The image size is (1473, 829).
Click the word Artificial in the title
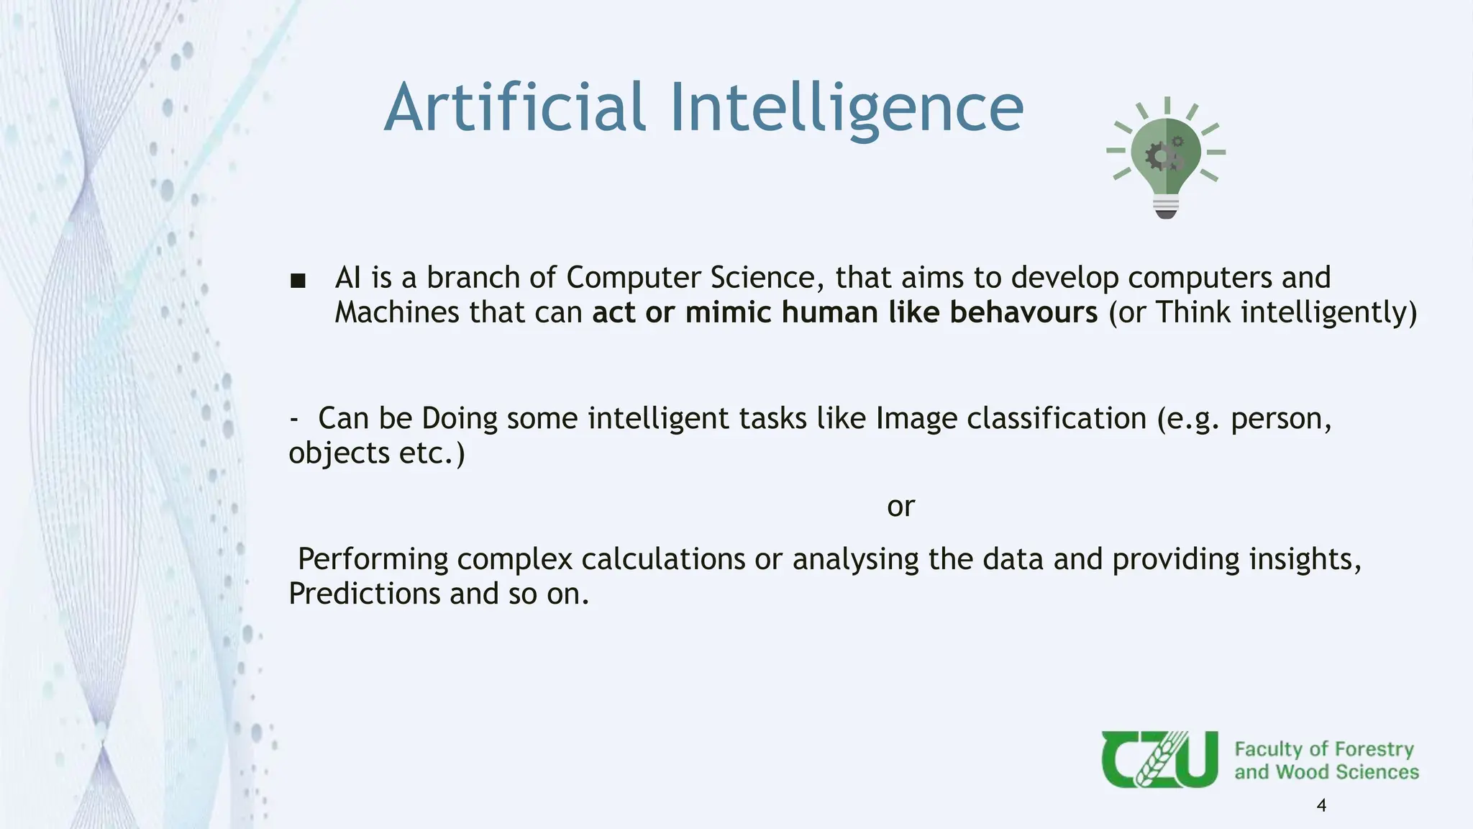click(x=515, y=108)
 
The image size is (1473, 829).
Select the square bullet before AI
click(x=298, y=281)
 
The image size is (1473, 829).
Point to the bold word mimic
click(x=728, y=312)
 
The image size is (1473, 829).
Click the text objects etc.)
click(x=377, y=453)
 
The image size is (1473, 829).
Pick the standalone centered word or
click(x=900, y=507)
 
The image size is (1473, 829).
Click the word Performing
click(x=373, y=560)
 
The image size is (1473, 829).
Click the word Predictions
click(x=364, y=594)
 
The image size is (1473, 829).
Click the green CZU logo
click(x=1159, y=759)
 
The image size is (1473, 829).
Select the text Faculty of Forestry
click(x=1323, y=749)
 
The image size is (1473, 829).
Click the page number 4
click(x=1321, y=805)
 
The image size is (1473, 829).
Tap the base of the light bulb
click(x=1166, y=207)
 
